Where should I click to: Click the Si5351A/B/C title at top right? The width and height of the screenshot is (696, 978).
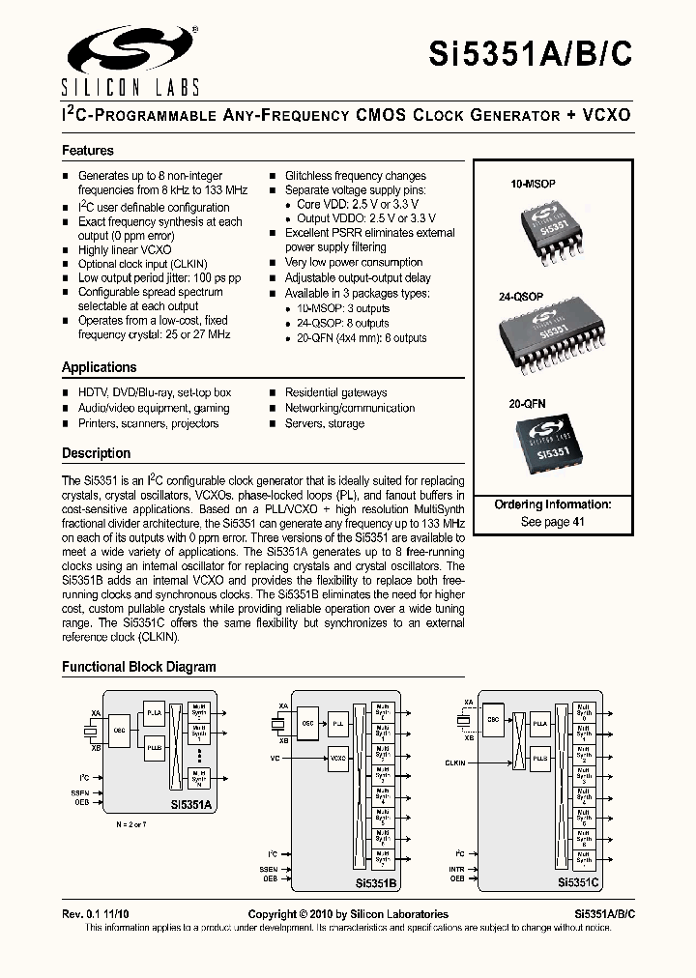point(531,56)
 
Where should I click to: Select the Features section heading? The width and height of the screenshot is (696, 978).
point(88,151)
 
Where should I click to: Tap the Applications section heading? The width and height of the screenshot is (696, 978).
point(99,367)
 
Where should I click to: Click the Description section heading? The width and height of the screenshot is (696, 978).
point(96,453)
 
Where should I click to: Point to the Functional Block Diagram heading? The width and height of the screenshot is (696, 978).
point(139,667)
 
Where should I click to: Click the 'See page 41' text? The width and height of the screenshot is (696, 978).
point(552,522)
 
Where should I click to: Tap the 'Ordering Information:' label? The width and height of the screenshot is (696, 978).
point(552,505)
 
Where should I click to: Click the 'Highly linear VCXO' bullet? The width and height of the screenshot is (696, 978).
point(125,249)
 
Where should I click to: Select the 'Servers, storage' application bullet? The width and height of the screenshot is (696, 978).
point(324,423)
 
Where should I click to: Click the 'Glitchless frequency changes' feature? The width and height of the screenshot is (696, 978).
point(355,176)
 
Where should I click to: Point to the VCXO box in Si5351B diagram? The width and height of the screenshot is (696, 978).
point(337,759)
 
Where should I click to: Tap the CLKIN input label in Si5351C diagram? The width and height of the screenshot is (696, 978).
point(455,762)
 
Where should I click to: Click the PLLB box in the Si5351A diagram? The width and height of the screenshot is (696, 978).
point(155,748)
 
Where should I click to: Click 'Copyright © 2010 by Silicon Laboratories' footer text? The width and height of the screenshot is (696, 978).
point(348,914)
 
